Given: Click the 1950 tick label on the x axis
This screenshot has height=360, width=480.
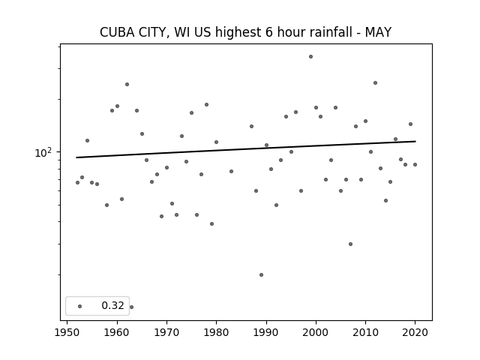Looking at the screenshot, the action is [x=67, y=332].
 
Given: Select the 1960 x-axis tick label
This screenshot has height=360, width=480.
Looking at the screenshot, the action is [x=117, y=332].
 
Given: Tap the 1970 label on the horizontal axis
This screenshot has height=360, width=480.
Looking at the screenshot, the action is [x=166, y=332].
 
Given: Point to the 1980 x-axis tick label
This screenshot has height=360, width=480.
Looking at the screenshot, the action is [x=216, y=332].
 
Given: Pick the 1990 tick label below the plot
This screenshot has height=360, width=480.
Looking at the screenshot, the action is [x=266, y=332].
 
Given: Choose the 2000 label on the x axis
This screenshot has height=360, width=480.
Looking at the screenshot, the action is [x=316, y=332].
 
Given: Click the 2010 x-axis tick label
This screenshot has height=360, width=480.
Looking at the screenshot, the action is [x=365, y=332].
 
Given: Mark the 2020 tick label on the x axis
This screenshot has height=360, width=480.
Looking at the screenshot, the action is [x=415, y=332].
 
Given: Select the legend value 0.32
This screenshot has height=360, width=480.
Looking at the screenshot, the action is [x=112, y=305].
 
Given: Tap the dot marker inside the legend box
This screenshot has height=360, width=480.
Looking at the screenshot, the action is [x=80, y=306].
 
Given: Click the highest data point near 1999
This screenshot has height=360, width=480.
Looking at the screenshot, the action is [x=310, y=57].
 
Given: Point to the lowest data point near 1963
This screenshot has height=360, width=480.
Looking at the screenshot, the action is [x=132, y=307].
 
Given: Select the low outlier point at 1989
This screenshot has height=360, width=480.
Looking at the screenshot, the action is [x=261, y=275].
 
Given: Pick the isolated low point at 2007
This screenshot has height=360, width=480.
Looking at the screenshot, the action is [x=350, y=244].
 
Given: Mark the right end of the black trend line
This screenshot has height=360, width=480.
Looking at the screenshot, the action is [x=415, y=141].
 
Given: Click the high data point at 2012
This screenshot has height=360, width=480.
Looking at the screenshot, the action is [x=375, y=83].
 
